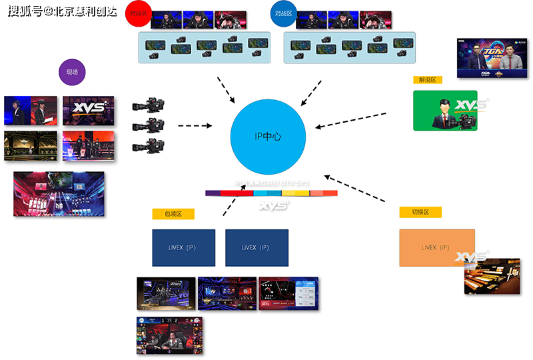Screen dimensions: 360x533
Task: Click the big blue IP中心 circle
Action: [x=268, y=136]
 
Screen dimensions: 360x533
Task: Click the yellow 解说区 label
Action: [x=428, y=79]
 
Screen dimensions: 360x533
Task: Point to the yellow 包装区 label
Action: [x=173, y=214]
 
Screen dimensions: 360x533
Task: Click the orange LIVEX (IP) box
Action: [x=436, y=248]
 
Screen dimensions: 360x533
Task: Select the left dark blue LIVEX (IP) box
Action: [x=183, y=248]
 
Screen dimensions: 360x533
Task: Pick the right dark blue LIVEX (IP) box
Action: [x=257, y=248]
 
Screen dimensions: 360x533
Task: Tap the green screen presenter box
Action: [x=444, y=111]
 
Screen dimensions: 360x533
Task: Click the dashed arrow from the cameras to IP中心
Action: [x=194, y=125]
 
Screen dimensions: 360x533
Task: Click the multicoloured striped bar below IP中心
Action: [x=271, y=193]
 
